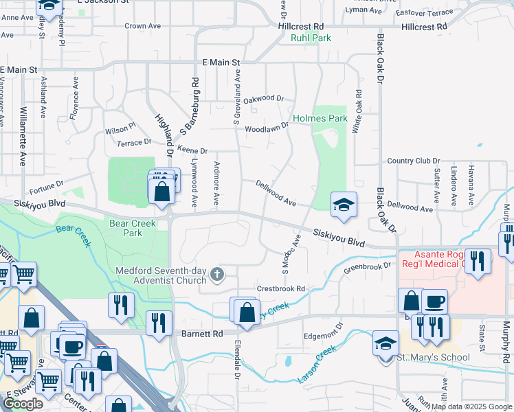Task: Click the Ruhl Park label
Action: [x=311, y=38]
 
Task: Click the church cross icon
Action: [x=217, y=275]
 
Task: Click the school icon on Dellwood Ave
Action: [x=344, y=204]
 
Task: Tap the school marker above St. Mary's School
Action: [x=385, y=342]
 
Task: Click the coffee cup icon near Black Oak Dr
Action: [x=434, y=301]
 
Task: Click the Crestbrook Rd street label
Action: [x=280, y=289]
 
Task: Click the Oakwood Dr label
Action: [x=263, y=99]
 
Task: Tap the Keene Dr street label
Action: [x=192, y=150]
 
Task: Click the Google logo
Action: [x=23, y=404]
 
